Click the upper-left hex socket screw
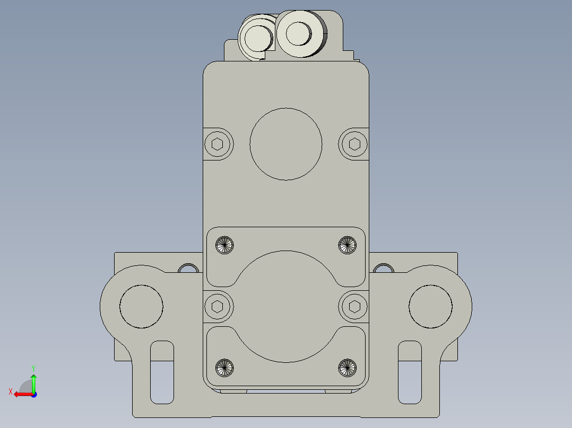(x=218, y=144)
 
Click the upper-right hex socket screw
(x=354, y=144)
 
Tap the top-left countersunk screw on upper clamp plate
(x=224, y=244)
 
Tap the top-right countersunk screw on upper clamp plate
(x=347, y=244)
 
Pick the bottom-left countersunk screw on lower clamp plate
(x=224, y=367)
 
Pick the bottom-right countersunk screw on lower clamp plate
(x=347, y=367)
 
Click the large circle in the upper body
(x=285, y=144)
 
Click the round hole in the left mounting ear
(x=141, y=306)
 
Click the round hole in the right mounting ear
(x=430, y=306)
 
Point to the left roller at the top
(x=257, y=38)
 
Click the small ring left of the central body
(x=187, y=269)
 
